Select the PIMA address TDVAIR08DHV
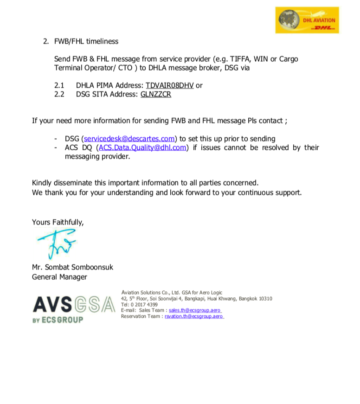pos(170,85)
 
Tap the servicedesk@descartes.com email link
pos(129,139)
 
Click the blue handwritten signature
pos(55,244)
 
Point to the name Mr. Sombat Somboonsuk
pos(72,268)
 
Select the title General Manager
pos(59,277)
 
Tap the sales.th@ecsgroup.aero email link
pos(195,310)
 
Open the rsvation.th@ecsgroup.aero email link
pos(194,316)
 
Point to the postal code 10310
pos(265,299)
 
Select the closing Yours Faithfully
pos(58,222)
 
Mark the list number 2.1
pos(60,85)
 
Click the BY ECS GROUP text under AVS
pos(58,320)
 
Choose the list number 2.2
pos(60,94)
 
